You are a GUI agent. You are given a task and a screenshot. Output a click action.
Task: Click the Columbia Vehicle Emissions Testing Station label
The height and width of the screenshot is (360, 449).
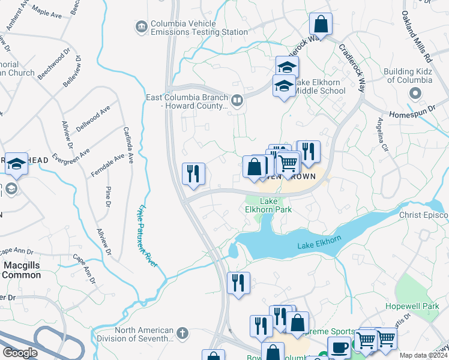click(191, 27)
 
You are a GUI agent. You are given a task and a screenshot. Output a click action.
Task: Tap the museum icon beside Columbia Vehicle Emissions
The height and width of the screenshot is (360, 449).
click(141, 27)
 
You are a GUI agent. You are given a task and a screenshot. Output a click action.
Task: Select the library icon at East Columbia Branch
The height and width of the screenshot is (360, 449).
click(237, 101)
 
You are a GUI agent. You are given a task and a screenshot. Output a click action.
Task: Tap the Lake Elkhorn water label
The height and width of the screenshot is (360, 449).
click(319, 242)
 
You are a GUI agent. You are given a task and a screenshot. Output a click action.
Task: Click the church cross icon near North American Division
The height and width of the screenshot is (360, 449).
click(182, 332)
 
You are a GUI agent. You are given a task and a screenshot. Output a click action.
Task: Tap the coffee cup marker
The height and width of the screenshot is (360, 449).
click(339, 347)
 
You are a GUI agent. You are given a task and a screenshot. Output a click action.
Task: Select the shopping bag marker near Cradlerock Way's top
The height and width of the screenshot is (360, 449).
click(321, 25)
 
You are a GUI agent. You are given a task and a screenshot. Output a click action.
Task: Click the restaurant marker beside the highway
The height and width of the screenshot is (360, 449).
click(194, 174)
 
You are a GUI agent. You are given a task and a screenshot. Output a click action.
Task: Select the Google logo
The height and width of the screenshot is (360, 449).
click(20, 353)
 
